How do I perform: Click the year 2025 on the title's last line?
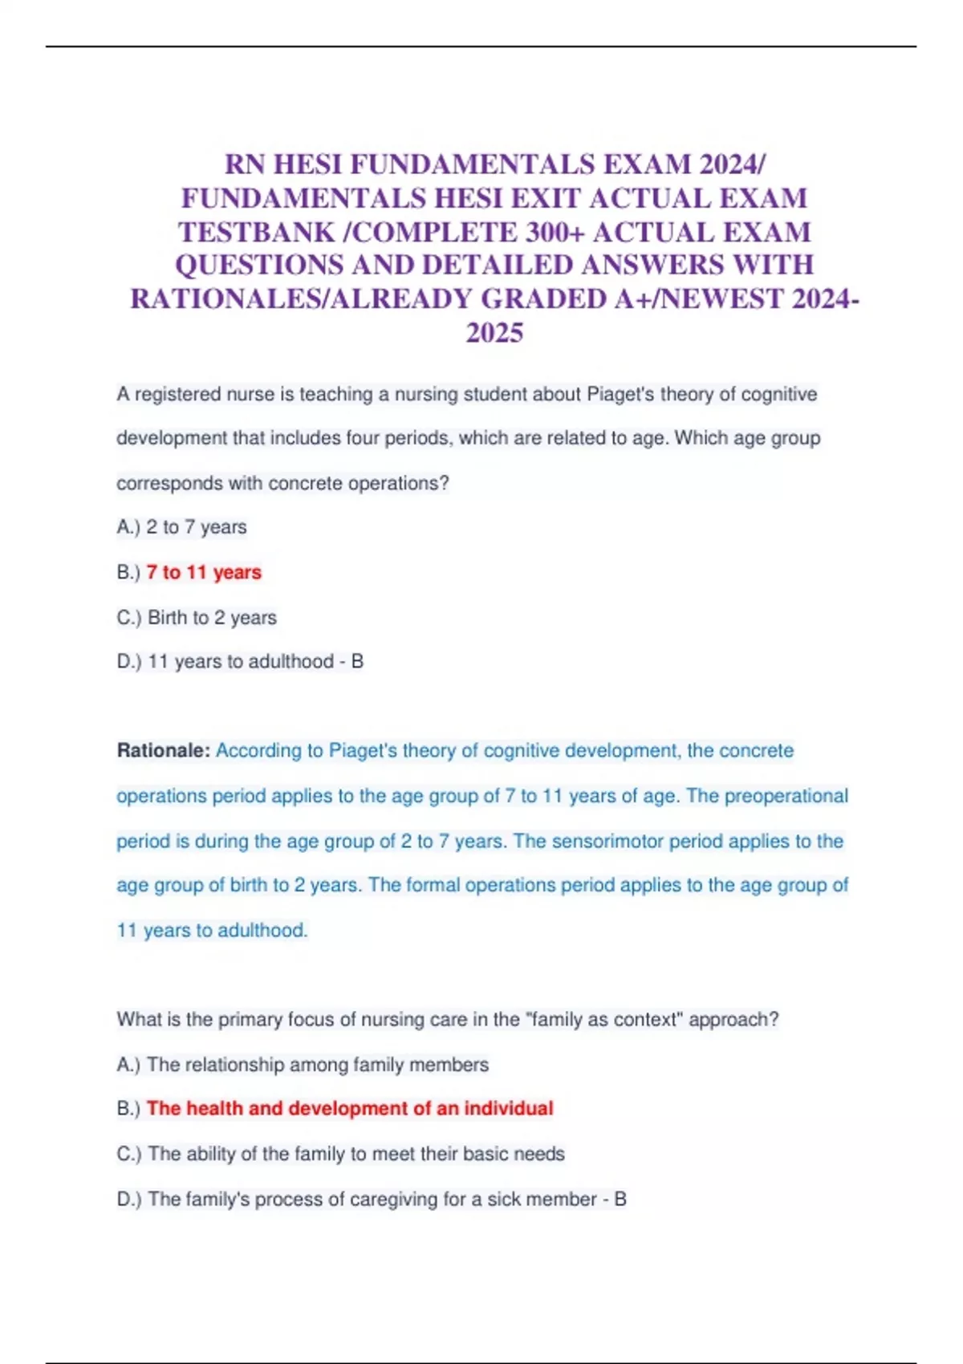coord(494,333)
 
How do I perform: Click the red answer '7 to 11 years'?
coord(204,572)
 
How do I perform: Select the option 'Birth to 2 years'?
coord(212,618)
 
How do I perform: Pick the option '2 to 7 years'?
coord(197,527)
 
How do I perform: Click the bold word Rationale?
coord(164,751)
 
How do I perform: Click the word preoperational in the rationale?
coord(786,796)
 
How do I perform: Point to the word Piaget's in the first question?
coord(620,395)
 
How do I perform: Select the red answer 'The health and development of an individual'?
coord(350,1109)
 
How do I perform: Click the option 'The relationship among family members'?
coord(318,1065)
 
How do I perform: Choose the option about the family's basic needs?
coord(356,1154)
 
